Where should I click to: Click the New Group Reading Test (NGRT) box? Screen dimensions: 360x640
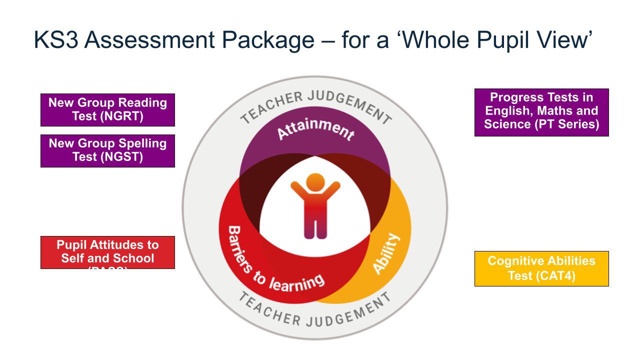107,109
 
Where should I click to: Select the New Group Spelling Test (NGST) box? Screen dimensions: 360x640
107,150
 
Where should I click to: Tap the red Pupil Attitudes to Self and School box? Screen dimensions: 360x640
107,252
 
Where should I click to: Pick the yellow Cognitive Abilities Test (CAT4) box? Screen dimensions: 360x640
541,268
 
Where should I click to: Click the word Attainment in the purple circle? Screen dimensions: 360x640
315,129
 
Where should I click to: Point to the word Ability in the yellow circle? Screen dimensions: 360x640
386,253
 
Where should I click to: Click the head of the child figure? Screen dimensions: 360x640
315,182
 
